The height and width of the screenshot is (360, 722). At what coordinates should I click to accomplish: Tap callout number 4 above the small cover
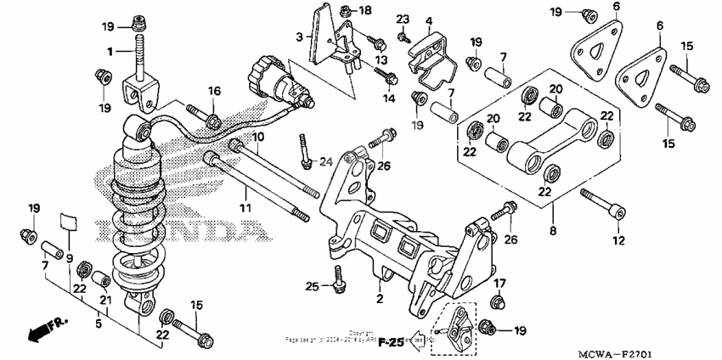(429, 20)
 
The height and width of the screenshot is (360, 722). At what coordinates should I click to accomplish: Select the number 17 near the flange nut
(499, 284)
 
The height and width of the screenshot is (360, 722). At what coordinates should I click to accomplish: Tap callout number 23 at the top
(403, 18)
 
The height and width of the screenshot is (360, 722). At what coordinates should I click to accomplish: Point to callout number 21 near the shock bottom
(106, 299)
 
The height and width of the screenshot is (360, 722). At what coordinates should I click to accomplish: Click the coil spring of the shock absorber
(136, 204)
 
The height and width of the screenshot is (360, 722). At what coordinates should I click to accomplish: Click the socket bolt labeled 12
(603, 207)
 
